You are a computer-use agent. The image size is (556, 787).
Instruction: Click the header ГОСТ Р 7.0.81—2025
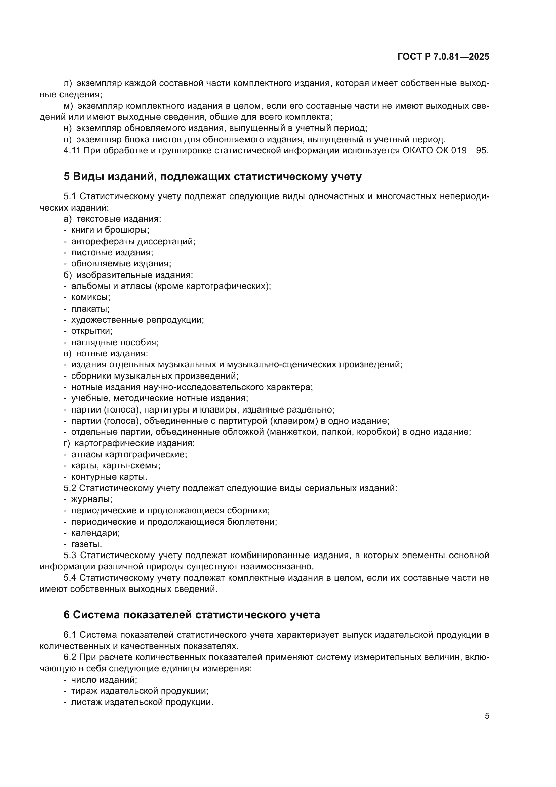[443, 57]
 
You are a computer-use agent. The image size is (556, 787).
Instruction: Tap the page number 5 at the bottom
[487, 716]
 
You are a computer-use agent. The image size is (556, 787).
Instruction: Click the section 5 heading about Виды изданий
[212, 177]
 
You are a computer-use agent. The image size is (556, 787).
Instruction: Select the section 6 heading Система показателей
[192, 615]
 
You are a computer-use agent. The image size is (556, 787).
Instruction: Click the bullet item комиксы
[90, 297]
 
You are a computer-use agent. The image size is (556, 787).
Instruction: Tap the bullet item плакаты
[90, 309]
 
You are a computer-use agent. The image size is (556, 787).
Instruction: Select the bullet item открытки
[91, 331]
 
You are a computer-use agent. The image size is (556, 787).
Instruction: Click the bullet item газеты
[86, 544]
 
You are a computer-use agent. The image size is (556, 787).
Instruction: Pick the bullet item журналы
[91, 499]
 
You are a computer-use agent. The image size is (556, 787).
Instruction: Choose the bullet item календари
[95, 533]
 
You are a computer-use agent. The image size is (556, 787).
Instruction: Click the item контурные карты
[109, 477]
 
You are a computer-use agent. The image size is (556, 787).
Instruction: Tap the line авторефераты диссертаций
[133, 241]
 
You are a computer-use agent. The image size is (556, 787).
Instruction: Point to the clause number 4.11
[72, 150]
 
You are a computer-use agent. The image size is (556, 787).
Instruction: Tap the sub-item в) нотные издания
[106, 353]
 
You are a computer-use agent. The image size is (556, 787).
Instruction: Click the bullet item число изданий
[104, 680]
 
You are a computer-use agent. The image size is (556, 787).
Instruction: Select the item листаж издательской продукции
[142, 702]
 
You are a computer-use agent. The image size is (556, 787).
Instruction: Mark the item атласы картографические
[129, 455]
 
